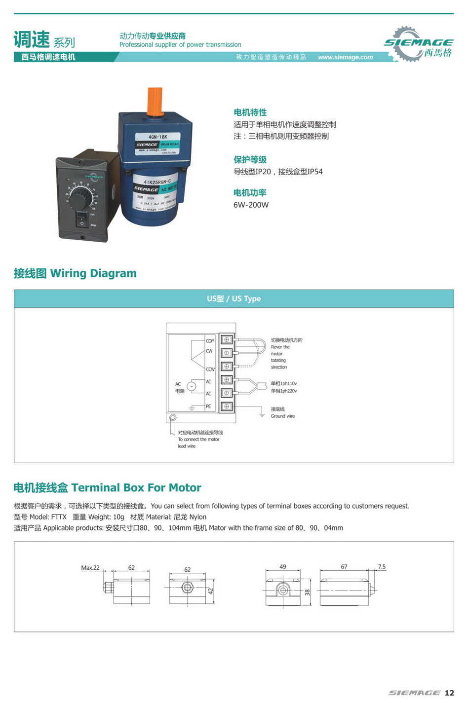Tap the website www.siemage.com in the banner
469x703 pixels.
click(x=345, y=57)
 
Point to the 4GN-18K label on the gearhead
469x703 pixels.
click(x=158, y=137)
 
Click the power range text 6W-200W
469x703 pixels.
click(x=251, y=205)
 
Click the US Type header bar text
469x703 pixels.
click(x=234, y=298)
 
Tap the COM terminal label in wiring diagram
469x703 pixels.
click(x=210, y=341)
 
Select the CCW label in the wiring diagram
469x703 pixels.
click(x=210, y=369)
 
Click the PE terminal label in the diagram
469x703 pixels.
click(x=208, y=407)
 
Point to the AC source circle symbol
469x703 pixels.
click(x=192, y=387)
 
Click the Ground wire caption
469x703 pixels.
click(x=282, y=416)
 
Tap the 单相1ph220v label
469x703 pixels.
click(x=284, y=391)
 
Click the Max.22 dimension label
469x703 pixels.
click(x=90, y=567)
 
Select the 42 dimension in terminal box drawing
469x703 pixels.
click(x=210, y=591)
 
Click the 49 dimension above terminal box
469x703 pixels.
click(x=282, y=566)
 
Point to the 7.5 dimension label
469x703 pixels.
click(x=381, y=566)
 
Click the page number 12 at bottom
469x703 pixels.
click(x=449, y=693)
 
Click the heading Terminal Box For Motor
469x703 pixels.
click(x=136, y=487)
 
